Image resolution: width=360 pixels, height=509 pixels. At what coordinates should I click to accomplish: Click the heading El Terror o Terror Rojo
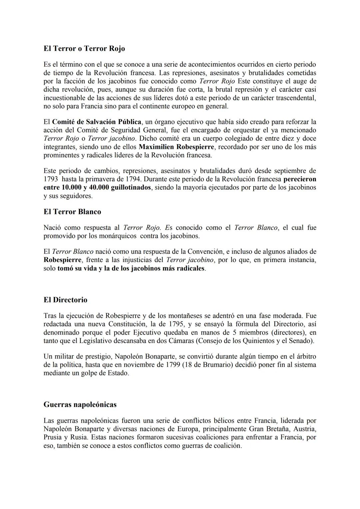pyautogui.click(x=84, y=49)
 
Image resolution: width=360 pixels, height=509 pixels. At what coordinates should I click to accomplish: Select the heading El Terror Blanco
pyautogui.click(x=72, y=212)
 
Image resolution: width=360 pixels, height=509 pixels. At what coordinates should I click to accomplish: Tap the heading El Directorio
pyautogui.click(x=65, y=300)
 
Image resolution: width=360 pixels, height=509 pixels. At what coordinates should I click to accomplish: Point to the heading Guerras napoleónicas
pyautogui.click(x=80, y=405)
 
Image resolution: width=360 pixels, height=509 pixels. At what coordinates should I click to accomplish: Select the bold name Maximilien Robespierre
pyautogui.click(x=176, y=147)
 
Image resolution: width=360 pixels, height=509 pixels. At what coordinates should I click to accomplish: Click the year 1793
pyautogui.click(x=51, y=179)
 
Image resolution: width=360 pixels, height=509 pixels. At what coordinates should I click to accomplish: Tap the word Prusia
pyautogui.click(x=53, y=437)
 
